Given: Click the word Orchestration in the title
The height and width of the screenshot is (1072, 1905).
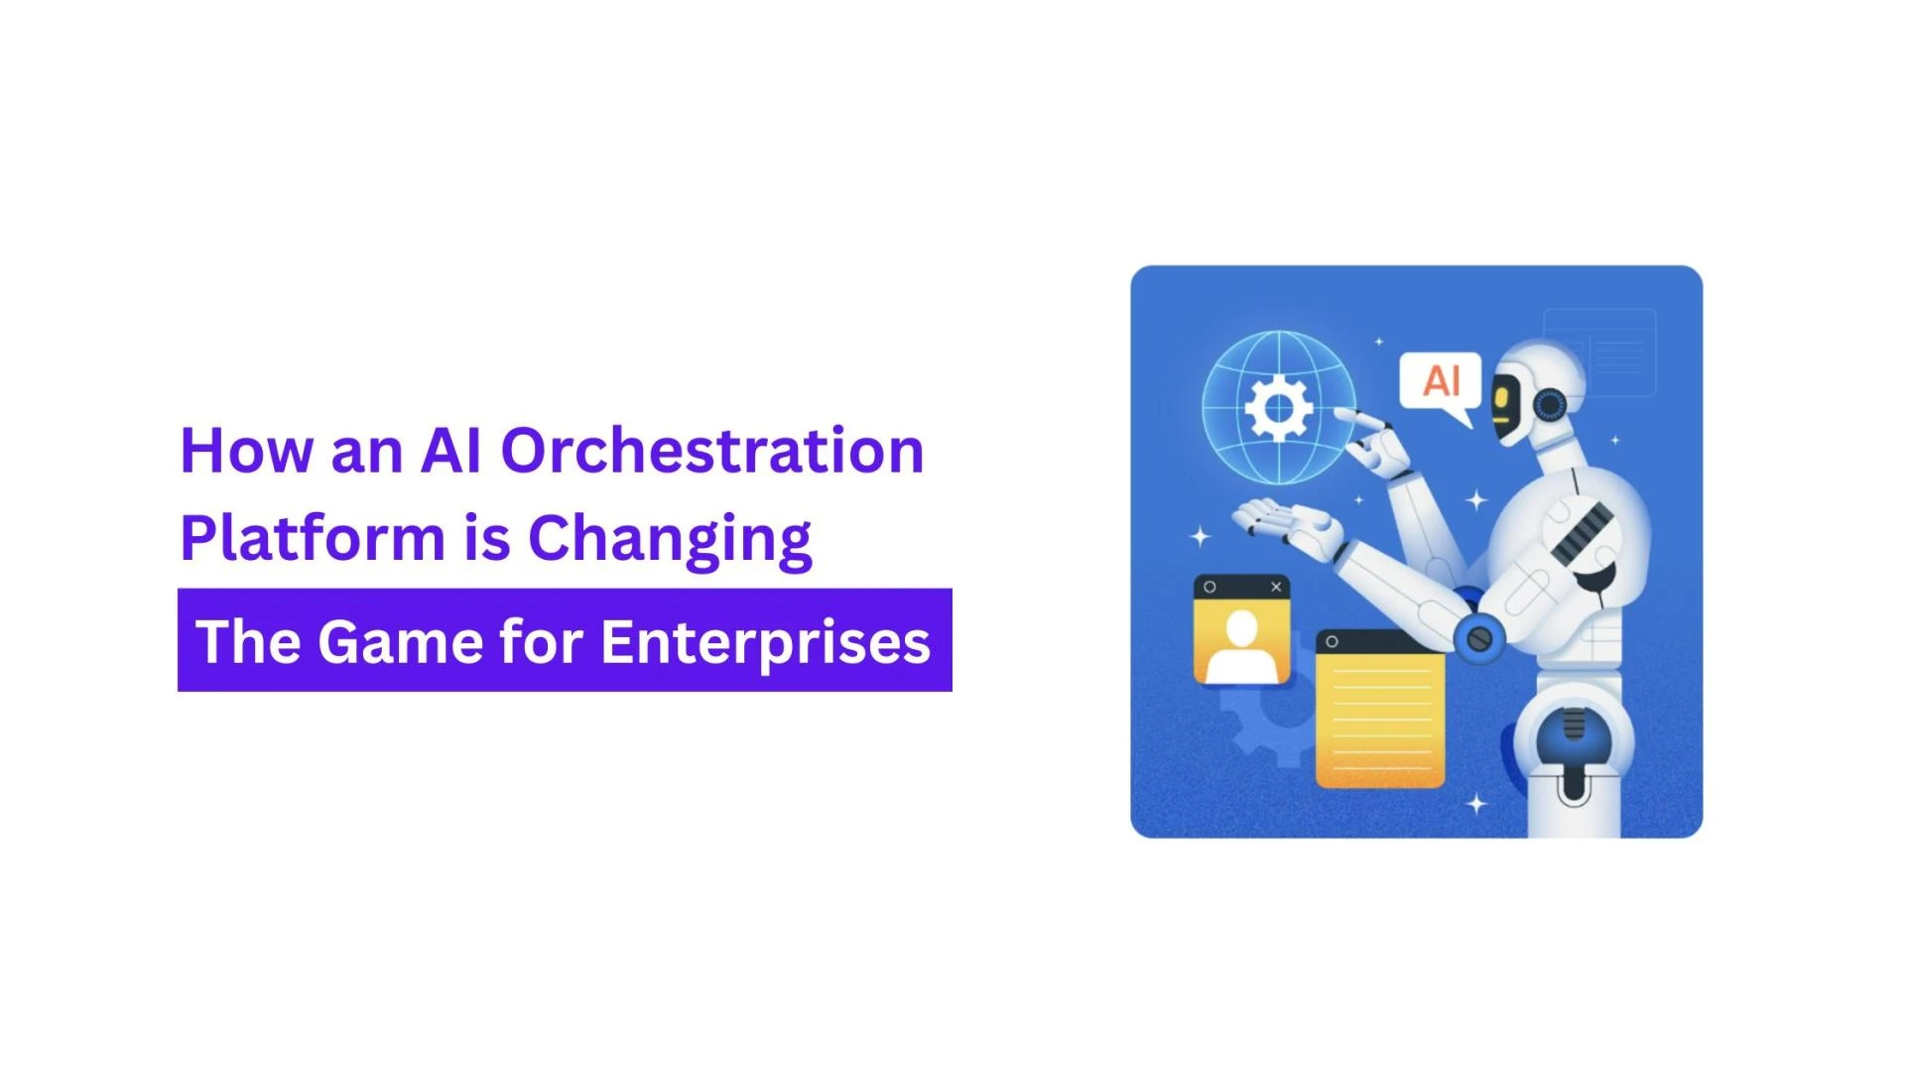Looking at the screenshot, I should (711, 452).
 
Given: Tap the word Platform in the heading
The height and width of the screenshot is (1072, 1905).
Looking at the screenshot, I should (312, 539).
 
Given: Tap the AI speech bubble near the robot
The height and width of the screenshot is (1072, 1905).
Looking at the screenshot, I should (1441, 381).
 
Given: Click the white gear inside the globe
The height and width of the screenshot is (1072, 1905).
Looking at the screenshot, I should (1279, 407).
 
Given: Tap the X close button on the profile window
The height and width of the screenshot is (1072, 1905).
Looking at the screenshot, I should (1276, 587).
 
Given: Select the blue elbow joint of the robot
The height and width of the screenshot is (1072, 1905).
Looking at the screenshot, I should (1478, 638).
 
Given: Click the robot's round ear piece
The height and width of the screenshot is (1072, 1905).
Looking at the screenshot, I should (1550, 405).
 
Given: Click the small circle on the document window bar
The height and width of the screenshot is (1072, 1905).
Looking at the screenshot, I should (1332, 642).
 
